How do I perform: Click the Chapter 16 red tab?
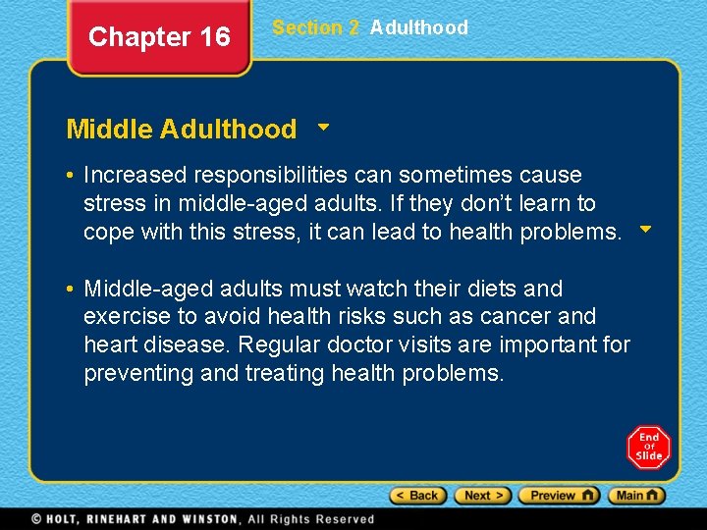coord(159,38)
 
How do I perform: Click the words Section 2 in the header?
coord(315,27)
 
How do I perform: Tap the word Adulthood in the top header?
coord(419,27)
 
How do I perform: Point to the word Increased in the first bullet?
coord(135,175)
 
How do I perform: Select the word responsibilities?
coord(270,175)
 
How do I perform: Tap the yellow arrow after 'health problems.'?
coord(645,231)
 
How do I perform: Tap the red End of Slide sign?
coord(648,447)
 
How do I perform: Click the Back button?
coord(418,496)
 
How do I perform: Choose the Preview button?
coord(558,496)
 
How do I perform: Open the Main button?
coord(636,496)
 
